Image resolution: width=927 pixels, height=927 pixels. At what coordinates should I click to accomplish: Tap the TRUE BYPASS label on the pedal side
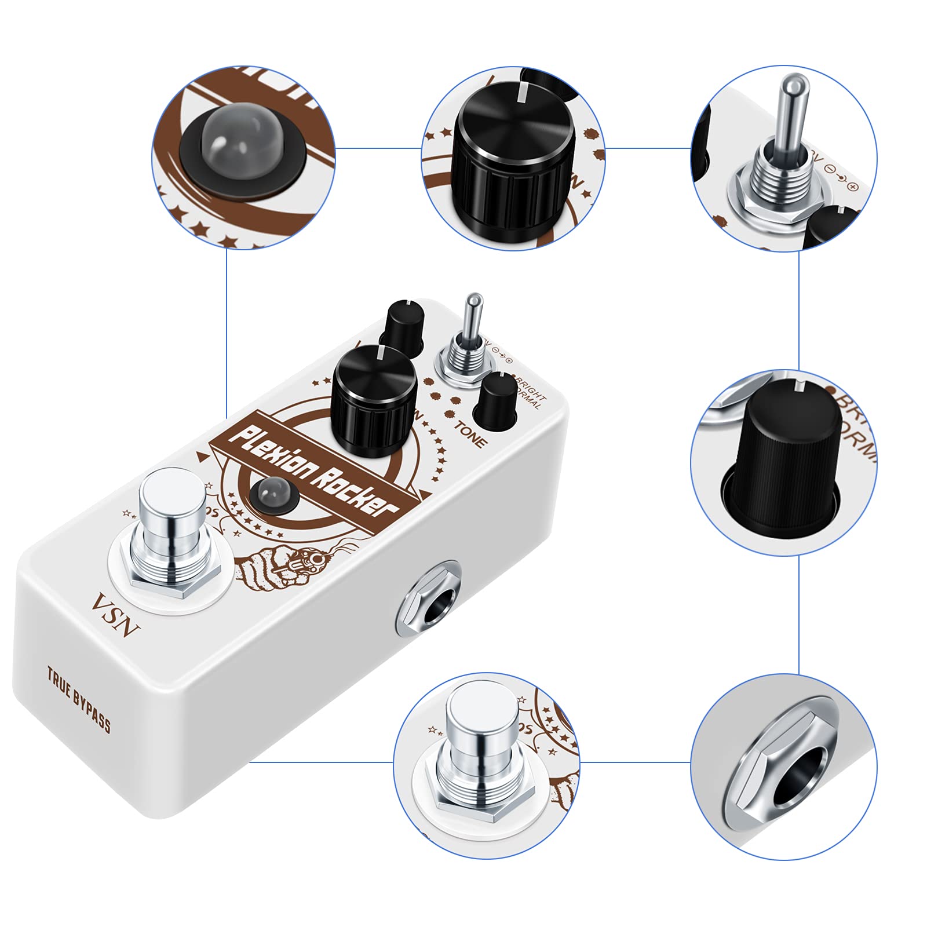[x=79, y=699]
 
